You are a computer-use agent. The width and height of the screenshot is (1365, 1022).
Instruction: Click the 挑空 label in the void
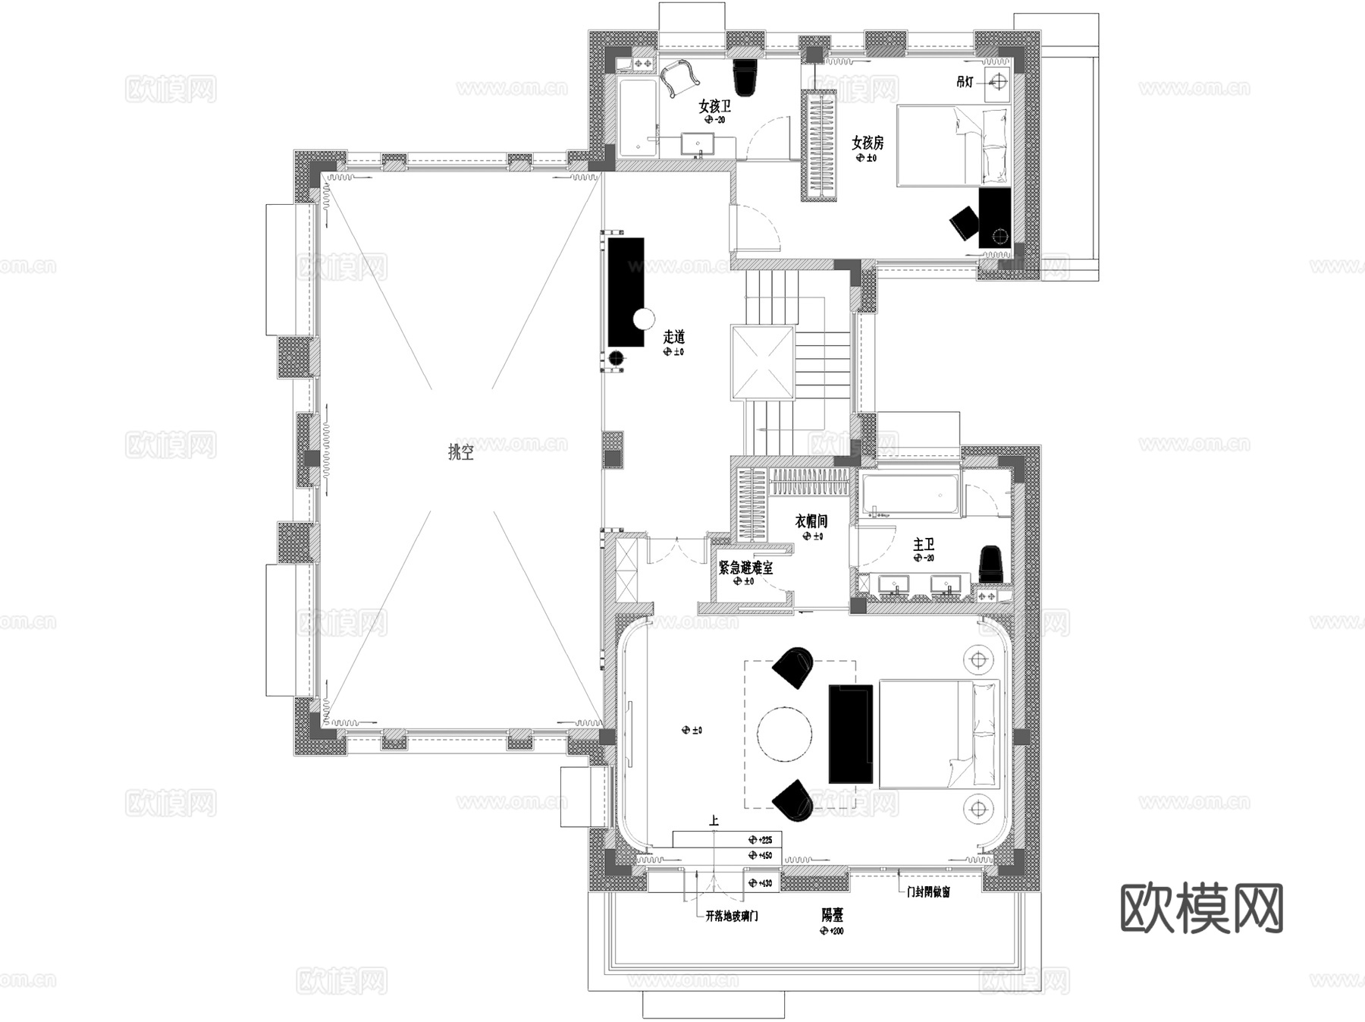pos(461,453)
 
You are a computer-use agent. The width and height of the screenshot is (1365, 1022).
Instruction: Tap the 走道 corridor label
pos(673,337)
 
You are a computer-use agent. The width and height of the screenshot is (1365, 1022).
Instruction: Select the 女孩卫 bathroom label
pos(714,106)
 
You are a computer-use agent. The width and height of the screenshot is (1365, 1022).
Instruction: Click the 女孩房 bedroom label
pos(867,143)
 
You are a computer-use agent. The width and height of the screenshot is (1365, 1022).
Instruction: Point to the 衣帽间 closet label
pos(811,521)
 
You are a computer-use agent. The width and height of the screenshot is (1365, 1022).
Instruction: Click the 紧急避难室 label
pos(745,568)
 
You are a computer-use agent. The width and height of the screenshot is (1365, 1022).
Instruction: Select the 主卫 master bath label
pos(923,544)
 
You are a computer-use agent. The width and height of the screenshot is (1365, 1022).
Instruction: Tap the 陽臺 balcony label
pos(832,915)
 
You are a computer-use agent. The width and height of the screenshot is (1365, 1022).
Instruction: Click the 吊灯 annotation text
pos(964,81)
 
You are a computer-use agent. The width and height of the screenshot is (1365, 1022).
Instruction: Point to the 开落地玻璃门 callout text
pos(731,916)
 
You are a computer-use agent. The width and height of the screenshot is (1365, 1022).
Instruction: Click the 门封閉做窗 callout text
pos(928,892)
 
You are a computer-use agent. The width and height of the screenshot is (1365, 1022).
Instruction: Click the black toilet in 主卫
pos(990,564)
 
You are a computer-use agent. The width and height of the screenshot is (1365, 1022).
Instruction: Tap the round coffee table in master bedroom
pos(784,733)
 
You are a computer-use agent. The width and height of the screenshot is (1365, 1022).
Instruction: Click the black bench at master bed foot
pos(850,733)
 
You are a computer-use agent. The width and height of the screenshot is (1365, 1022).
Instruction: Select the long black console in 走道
pos(625,292)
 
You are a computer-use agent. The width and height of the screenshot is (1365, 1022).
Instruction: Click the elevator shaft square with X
pos(762,363)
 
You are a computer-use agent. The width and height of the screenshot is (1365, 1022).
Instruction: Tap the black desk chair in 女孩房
pos(965,222)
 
